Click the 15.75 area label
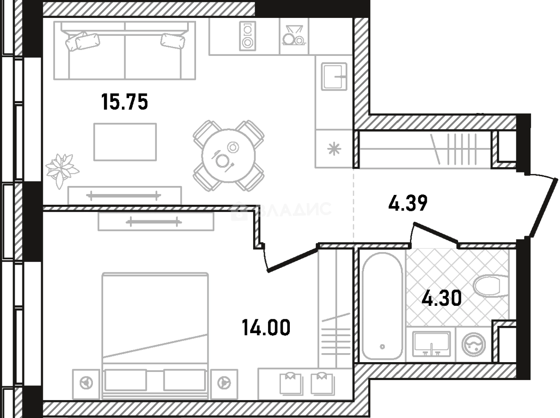(x=125, y=102)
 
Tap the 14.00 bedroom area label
(x=266, y=328)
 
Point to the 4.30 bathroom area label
(x=442, y=298)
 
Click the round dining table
(x=228, y=156)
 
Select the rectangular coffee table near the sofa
(x=125, y=142)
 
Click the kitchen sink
(x=334, y=76)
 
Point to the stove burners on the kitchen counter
(x=247, y=36)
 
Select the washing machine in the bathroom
(x=473, y=345)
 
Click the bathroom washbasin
(x=431, y=344)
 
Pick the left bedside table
(x=86, y=384)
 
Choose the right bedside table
(x=224, y=384)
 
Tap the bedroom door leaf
(x=292, y=260)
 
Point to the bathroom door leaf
(x=435, y=232)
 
